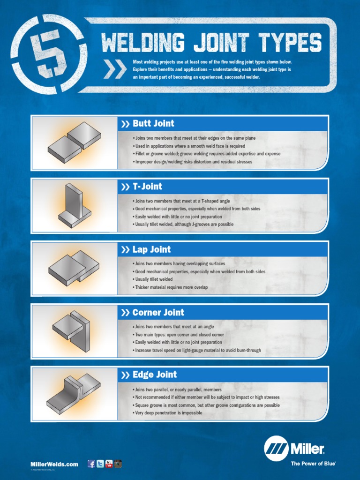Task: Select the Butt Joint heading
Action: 153,124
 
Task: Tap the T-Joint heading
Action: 147,187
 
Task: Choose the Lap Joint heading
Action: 151,249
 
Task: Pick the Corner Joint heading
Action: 157,312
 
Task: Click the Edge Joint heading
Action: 154,375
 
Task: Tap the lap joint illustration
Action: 74,268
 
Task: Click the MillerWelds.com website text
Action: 54,464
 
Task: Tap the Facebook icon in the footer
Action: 91,464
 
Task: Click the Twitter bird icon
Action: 100,464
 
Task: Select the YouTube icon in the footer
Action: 109,464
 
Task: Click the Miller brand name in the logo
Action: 307,449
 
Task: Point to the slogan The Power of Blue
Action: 313,464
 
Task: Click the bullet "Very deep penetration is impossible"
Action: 168,413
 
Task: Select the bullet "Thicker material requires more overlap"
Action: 171,287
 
